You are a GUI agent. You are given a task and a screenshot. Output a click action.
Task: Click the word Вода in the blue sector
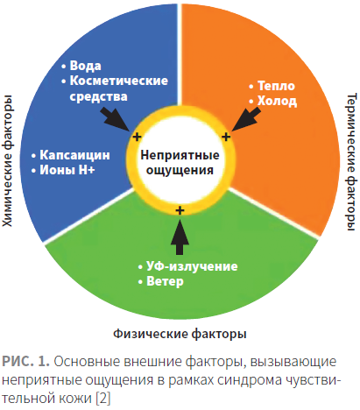(85, 66)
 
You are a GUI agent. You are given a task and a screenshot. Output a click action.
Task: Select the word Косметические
(119, 81)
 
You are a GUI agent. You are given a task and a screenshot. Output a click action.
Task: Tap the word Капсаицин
(74, 155)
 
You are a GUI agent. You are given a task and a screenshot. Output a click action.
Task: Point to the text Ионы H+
(67, 170)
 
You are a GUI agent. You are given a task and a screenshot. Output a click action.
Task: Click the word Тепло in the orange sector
(276, 86)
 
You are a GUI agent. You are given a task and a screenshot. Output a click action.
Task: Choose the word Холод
(277, 101)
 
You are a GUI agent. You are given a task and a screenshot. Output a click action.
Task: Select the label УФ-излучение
(192, 266)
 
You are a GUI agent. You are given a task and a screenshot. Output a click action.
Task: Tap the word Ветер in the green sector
(165, 281)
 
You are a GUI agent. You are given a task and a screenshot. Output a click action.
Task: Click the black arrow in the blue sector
(115, 120)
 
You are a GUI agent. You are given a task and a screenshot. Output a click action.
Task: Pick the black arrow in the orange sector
(246, 119)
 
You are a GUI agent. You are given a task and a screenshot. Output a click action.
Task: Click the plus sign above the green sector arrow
(180, 210)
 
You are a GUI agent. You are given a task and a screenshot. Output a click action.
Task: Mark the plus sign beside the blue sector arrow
(137, 137)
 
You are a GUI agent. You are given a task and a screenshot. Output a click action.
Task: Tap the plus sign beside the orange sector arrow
(226, 137)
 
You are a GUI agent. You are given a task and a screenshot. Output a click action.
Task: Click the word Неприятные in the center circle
(180, 155)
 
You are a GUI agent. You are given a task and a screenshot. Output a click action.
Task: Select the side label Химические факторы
(7, 161)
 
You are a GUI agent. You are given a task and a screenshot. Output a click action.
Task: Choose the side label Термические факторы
(351, 162)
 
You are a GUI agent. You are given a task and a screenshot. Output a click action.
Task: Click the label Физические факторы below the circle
(180, 334)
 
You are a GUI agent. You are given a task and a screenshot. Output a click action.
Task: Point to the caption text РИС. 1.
(25, 362)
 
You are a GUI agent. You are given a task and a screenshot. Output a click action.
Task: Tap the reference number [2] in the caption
(103, 398)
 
